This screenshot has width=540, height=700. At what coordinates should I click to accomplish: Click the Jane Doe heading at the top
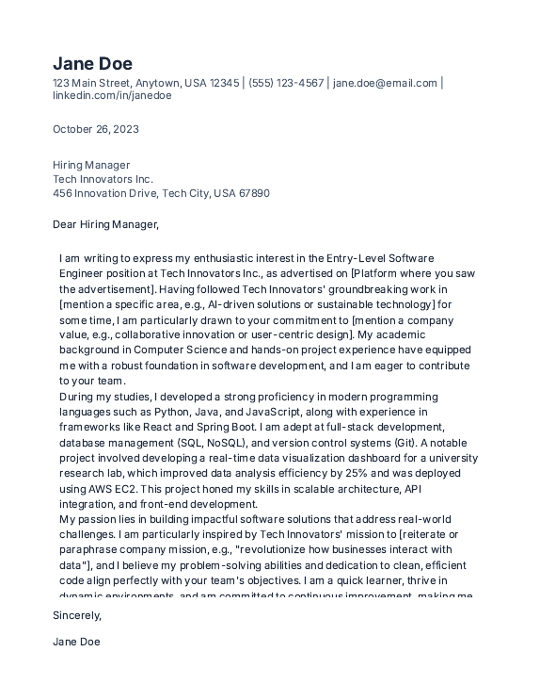click(x=92, y=63)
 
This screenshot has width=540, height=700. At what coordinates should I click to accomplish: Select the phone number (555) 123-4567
click(x=286, y=83)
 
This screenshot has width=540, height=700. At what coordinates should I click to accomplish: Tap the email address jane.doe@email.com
click(x=385, y=83)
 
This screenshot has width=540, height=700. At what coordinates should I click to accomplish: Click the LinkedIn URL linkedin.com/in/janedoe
click(x=112, y=95)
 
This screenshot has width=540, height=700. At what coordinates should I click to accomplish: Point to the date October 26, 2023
click(x=95, y=129)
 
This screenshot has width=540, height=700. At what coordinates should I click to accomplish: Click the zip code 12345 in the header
click(x=224, y=83)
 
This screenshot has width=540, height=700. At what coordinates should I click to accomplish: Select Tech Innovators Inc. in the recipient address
click(x=103, y=179)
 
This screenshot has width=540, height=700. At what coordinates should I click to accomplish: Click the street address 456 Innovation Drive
click(x=104, y=193)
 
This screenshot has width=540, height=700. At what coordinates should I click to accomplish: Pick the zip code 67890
click(x=254, y=193)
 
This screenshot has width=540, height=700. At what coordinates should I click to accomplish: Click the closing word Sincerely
click(x=76, y=615)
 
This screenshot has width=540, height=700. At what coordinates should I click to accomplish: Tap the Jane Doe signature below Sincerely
click(x=76, y=642)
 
